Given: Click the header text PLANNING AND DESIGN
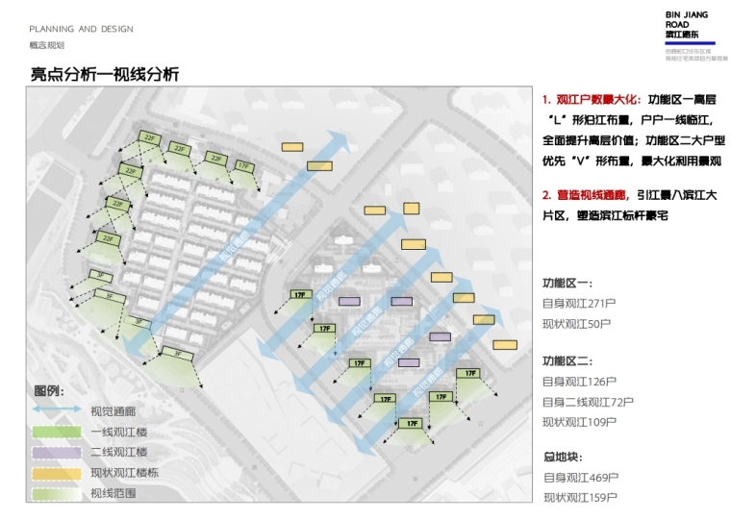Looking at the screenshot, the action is coord(81,29).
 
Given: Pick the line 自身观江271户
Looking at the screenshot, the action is coord(579,303).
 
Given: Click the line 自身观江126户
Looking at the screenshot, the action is coord(579,381).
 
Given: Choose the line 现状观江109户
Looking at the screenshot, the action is coord(579,421).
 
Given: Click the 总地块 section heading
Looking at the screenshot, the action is coord(563,457).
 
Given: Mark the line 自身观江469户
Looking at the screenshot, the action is coord(580,477).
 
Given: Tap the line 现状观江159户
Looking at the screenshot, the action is coord(580,497).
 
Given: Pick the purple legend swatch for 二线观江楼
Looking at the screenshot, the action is coord(57,452).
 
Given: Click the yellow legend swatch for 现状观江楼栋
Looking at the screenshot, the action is coord(57,473).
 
